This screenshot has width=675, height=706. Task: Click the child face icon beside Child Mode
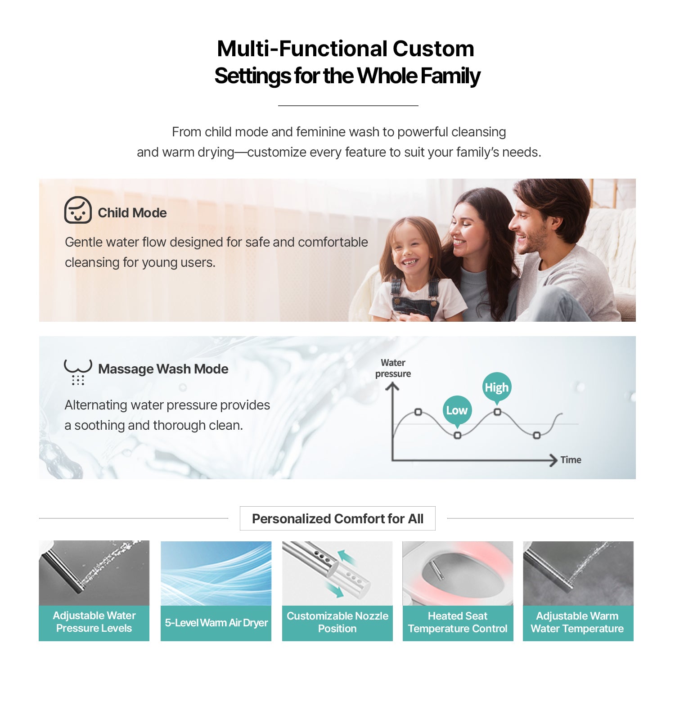(78, 210)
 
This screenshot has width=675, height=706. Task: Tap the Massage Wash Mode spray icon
(78, 372)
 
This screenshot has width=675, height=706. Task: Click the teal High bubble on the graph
(497, 388)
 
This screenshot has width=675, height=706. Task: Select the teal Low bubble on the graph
(457, 411)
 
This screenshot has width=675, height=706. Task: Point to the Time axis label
(571, 460)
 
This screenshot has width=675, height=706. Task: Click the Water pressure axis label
(393, 368)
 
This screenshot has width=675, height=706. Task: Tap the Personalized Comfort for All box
(337, 518)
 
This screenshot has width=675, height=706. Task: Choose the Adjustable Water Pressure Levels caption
(94, 622)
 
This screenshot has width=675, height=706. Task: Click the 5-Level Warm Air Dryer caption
(216, 623)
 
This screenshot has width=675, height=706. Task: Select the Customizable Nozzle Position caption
(337, 622)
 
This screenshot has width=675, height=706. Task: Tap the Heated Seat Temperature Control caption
(458, 622)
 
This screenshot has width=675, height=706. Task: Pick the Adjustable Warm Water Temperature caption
(577, 622)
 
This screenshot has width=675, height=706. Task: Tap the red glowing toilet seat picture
(458, 573)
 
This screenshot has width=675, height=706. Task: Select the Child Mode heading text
(132, 213)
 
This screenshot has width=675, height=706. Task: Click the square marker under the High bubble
(497, 412)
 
